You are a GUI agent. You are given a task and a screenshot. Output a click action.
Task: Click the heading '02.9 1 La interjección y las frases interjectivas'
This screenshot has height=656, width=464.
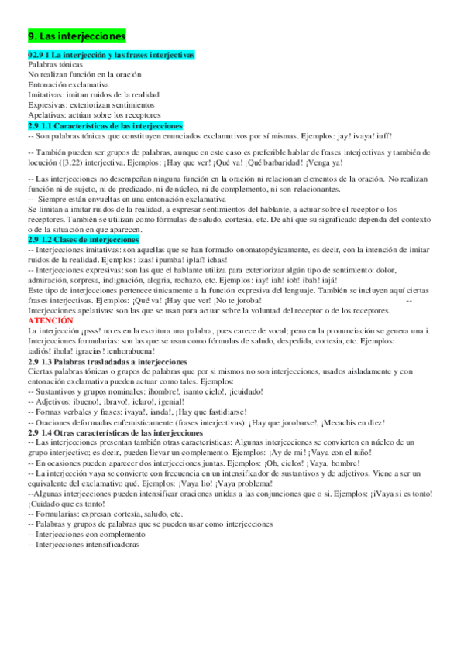111,54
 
